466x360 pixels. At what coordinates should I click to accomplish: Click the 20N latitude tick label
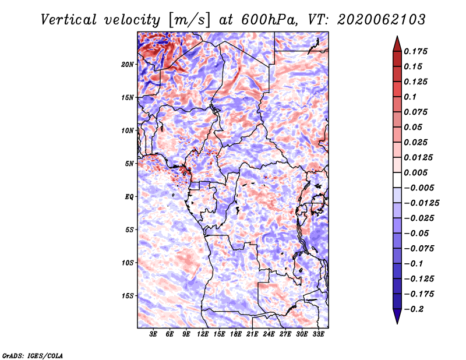click(128, 65)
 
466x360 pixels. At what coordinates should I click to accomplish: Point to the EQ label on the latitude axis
click(129, 197)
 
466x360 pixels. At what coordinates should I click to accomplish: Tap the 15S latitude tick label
click(128, 296)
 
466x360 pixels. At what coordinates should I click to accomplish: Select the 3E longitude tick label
click(153, 334)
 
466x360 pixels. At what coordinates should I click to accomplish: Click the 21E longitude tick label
click(252, 334)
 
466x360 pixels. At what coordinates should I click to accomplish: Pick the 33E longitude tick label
click(318, 334)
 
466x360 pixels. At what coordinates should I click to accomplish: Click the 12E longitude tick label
click(203, 334)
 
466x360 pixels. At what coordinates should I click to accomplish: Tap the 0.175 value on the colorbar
click(415, 51)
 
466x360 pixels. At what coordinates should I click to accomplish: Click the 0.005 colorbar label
click(415, 172)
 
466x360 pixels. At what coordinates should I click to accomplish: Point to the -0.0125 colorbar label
click(421, 203)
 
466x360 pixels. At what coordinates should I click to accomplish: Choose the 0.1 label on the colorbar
click(410, 97)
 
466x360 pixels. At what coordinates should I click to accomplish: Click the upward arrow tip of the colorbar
click(397, 37)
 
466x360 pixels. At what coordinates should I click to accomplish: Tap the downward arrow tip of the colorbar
click(397, 323)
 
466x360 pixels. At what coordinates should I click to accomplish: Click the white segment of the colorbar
click(397, 180)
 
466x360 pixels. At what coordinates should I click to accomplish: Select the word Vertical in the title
click(69, 20)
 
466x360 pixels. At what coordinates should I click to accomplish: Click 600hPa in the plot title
click(269, 20)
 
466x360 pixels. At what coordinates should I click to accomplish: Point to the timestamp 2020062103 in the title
click(382, 20)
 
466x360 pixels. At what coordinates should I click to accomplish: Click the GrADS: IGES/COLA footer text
click(33, 356)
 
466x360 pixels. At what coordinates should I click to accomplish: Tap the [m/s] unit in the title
click(189, 20)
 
